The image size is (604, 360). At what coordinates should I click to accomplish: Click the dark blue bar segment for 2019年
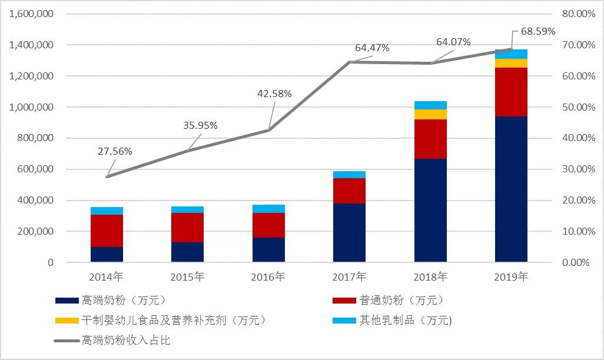[x=511, y=189]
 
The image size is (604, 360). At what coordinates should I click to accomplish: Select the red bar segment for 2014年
[x=107, y=231]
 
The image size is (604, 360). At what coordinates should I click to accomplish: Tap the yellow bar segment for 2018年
[x=430, y=114]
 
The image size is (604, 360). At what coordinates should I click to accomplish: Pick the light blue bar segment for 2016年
[x=268, y=209]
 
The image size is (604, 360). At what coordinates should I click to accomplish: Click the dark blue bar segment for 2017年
[x=349, y=232]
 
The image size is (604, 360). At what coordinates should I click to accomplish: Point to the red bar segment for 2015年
[x=187, y=228]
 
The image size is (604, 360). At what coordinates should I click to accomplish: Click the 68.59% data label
[x=534, y=31]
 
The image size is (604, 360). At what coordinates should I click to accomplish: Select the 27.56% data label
[x=115, y=151]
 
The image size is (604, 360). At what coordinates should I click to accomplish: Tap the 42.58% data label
[x=274, y=94]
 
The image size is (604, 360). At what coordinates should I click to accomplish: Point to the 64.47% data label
[x=371, y=48]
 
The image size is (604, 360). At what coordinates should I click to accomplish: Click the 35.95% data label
[x=200, y=125]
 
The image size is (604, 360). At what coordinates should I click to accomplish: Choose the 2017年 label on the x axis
[x=349, y=276]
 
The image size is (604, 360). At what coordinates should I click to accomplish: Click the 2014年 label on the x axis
[x=107, y=276]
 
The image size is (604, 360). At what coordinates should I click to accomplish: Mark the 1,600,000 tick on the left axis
[x=32, y=14]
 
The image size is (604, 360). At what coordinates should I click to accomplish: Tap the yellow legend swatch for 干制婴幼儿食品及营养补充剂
[x=67, y=321]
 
